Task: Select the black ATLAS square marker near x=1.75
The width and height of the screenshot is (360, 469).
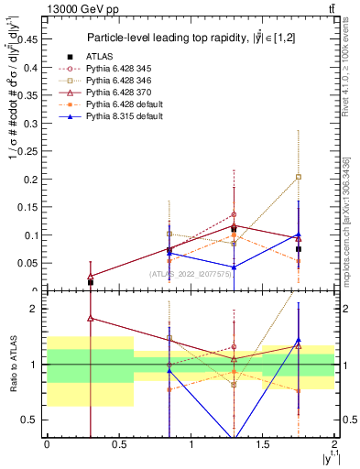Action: [299, 249]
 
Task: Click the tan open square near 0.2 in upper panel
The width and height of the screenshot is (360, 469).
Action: [299, 177]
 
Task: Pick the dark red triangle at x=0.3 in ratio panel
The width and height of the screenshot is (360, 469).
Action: [90, 319]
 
